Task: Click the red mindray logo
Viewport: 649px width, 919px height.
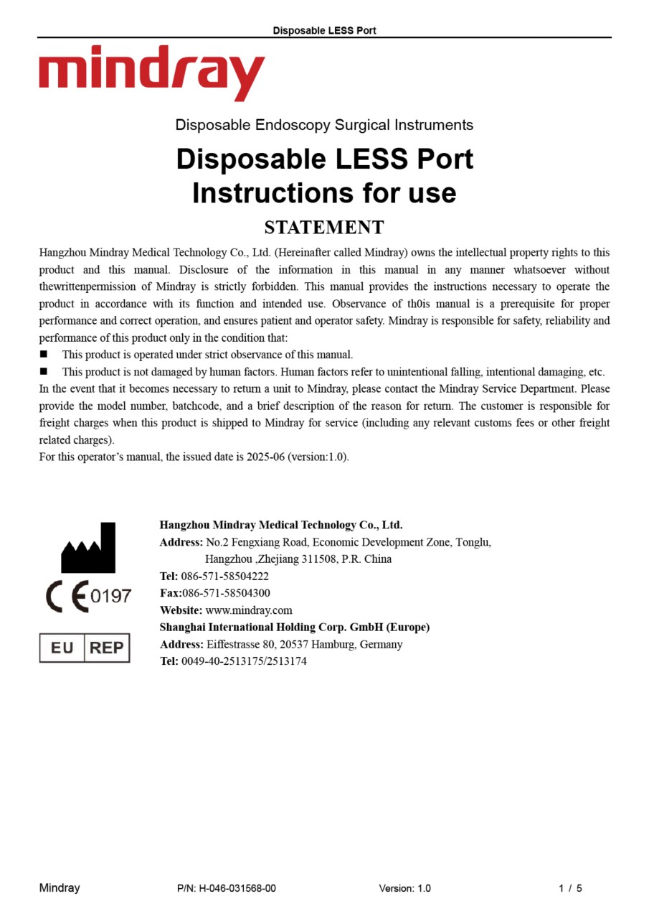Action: tap(151, 73)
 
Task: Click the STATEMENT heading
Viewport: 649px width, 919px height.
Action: tap(324, 228)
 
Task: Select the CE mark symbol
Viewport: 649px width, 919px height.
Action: tap(67, 596)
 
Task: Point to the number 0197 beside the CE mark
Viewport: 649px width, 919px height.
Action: tap(111, 596)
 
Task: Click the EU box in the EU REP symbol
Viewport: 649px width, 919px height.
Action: tap(62, 648)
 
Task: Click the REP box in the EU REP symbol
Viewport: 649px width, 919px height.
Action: tap(107, 648)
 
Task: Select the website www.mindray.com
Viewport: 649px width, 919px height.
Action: tap(249, 610)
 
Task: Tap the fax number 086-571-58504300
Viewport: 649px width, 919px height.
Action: tap(226, 593)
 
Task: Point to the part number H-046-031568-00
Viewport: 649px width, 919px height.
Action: tap(237, 888)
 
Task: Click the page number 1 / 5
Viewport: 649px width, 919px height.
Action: tap(570, 888)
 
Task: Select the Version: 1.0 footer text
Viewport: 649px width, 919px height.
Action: tap(405, 888)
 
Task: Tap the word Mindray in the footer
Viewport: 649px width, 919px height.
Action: tap(60, 888)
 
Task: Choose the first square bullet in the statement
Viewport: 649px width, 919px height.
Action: tap(44, 354)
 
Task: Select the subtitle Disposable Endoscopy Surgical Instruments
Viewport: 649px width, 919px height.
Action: tap(324, 125)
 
